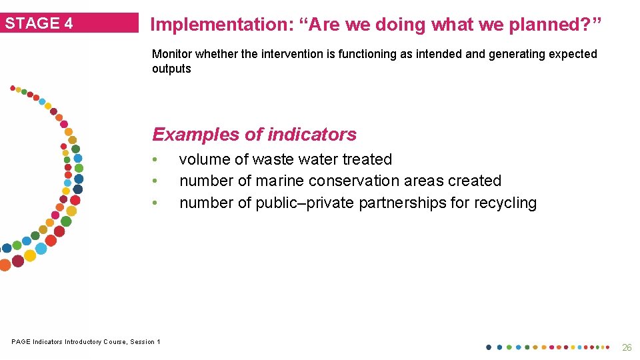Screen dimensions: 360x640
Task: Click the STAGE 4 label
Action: (39, 23)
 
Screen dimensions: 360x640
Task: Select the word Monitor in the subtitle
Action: (173, 54)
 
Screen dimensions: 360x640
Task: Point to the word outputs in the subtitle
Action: (171, 69)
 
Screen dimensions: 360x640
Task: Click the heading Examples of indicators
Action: (254, 134)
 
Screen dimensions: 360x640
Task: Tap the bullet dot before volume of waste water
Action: (154, 159)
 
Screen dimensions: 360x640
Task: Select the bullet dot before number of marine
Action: (154, 181)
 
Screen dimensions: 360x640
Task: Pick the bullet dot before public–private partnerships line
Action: (154, 203)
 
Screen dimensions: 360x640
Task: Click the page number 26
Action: (626, 347)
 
